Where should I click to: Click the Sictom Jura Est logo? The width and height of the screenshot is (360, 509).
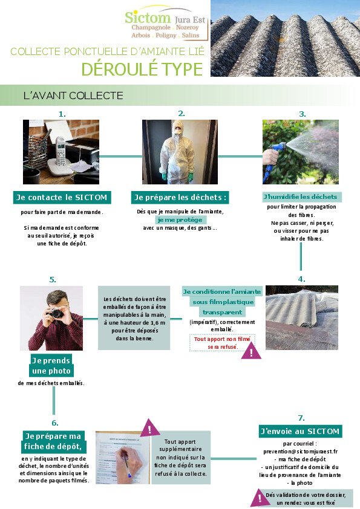[165, 22]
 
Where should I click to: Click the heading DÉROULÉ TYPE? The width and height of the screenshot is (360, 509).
[142, 69]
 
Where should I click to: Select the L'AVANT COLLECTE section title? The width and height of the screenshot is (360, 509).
[73, 96]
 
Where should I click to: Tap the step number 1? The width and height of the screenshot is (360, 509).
[62, 114]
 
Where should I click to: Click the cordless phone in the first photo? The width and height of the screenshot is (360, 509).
[61, 151]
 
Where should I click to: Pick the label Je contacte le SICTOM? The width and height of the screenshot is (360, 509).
[62, 197]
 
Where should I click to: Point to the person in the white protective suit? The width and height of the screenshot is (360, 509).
[177, 152]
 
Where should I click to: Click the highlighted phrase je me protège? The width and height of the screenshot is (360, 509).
[180, 220]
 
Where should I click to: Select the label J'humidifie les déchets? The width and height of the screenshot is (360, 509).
[300, 196]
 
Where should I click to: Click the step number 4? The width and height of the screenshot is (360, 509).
[301, 279]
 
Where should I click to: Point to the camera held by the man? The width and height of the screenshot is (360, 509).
[56, 313]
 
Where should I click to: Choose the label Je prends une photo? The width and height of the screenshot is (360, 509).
[51, 366]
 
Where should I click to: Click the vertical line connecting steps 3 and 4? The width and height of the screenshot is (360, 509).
[301, 256]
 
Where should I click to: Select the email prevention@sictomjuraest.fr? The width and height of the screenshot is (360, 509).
[301, 451]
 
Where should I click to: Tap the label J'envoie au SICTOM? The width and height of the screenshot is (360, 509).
[300, 432]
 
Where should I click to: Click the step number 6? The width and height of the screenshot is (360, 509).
[55, 423]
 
